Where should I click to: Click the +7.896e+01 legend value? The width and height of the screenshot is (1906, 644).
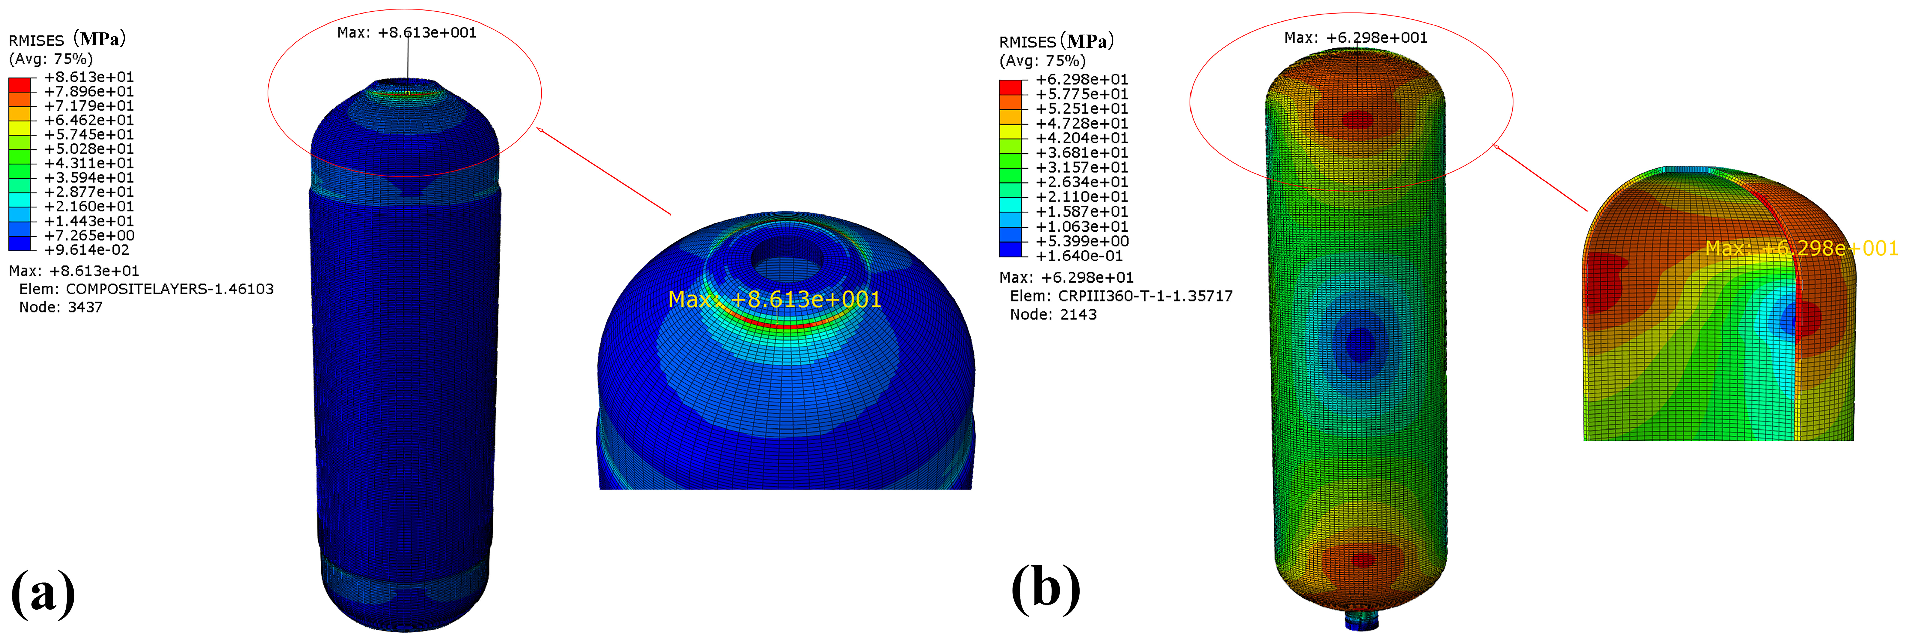pyautogui.click(x=89, y=92)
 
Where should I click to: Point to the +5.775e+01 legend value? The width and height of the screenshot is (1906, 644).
pyautogui.click(x=1082, y=94)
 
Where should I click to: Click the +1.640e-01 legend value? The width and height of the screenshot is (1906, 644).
pyautogui.click(x=1079, y=256)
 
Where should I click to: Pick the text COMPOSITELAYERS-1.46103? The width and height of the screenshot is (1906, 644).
pyautogui.click(x=169, y=289)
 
